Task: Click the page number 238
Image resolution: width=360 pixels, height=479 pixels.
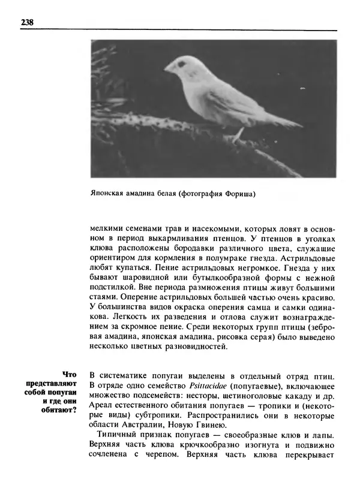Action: click(26, 23)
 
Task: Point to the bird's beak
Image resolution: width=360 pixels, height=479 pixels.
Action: click(169, 68)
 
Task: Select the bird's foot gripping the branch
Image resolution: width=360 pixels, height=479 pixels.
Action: click(238, 135)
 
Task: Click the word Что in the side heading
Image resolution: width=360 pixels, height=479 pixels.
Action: click(70, 373)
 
